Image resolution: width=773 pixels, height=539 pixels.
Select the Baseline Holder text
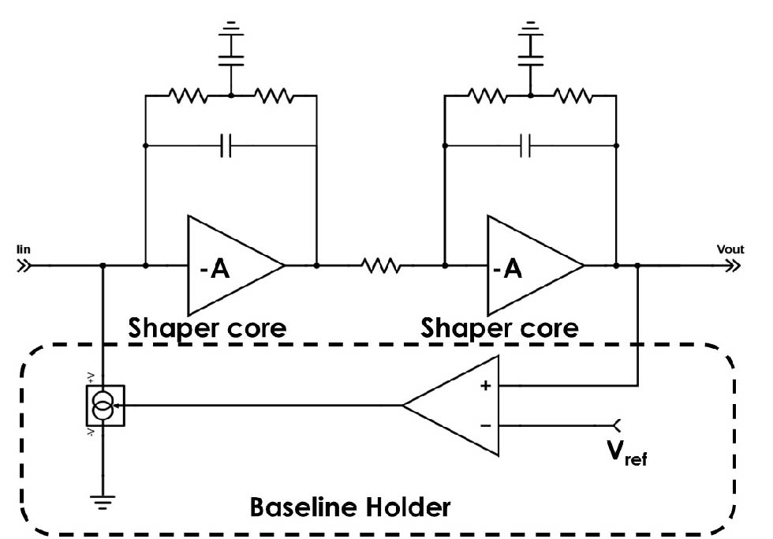coord(350,506)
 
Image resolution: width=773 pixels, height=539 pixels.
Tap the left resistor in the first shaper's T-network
coord(188,96)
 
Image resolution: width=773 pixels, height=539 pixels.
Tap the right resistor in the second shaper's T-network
coord(573,96)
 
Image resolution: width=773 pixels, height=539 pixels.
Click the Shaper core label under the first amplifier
coord(207,327)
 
